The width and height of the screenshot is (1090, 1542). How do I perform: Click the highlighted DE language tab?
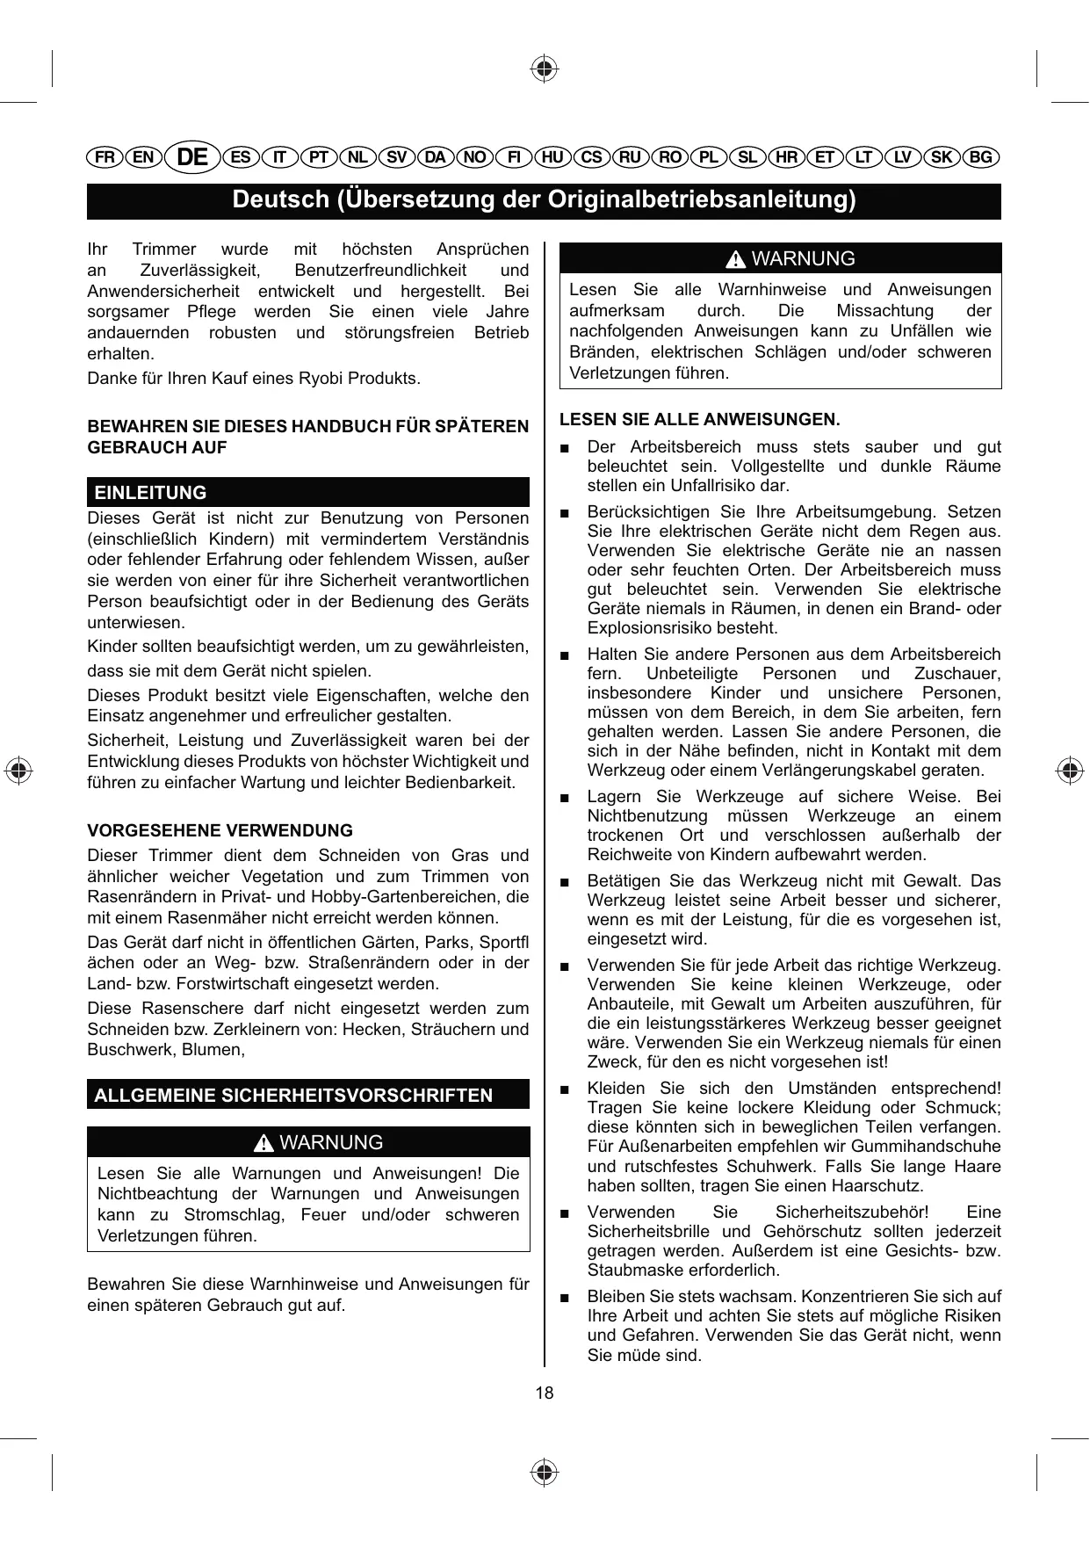(x=192, y=157)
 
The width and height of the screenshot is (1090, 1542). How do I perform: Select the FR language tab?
(x=105, y=157)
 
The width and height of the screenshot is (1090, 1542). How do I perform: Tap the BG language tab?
(x=981, y=157)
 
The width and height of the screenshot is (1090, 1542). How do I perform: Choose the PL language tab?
(x=708, y=157)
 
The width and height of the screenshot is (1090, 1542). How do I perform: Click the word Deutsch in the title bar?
(x=280, y=200)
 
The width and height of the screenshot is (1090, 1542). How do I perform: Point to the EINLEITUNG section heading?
(x=151, y=493)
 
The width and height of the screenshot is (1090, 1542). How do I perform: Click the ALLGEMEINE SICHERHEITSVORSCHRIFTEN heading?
(x=293, y=1096)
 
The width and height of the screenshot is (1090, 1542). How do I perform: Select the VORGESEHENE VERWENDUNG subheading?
(x=220, y=830)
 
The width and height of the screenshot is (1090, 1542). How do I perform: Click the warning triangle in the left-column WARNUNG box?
(x=263, y=1144)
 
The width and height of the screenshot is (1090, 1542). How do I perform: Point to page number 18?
(x=545, y=1393)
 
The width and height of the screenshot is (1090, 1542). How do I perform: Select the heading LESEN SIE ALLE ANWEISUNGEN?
(x=699, y=419)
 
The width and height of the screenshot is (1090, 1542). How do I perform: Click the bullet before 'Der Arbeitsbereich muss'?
(x=566, y=448)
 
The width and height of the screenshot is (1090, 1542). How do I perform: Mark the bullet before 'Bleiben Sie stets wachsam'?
(x=566, y=1298)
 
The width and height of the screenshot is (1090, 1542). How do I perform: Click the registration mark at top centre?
(x=545, y=68)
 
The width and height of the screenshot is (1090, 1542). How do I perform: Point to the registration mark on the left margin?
(x=18, y=769)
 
